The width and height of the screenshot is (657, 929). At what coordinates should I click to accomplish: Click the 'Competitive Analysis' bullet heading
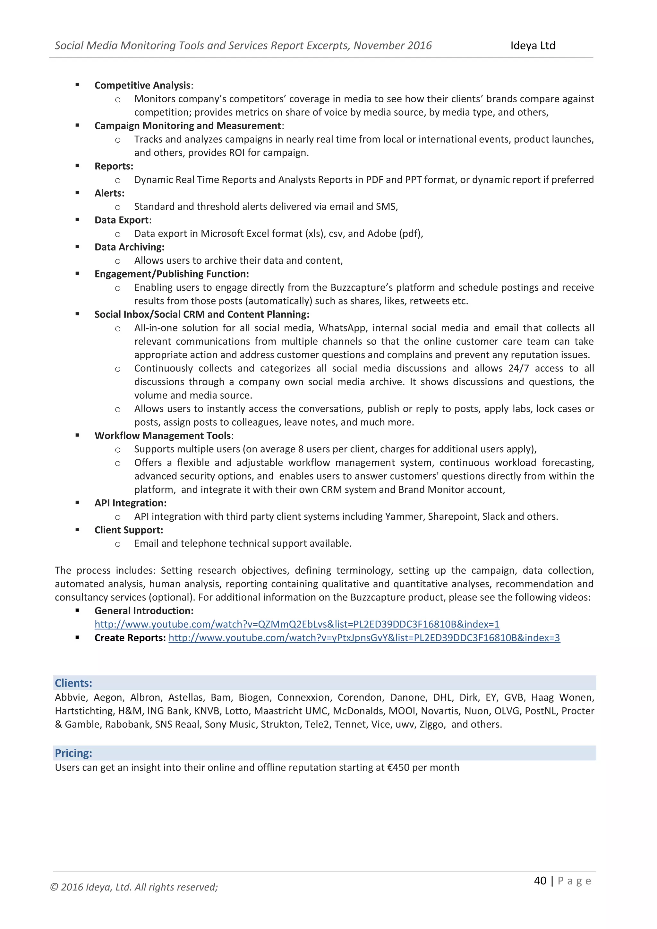(142, 85)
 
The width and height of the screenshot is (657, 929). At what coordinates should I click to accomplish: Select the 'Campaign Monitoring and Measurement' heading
(188, 126)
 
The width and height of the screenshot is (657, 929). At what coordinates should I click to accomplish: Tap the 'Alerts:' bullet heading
(109, 193)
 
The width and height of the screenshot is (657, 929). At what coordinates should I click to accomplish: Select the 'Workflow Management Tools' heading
(163, 435)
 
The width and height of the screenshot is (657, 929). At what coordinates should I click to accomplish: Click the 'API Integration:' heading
(130, 503)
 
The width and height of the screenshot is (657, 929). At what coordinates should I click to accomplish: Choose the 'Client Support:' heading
(129, 530)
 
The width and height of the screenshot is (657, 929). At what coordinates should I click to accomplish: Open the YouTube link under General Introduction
(296, 624)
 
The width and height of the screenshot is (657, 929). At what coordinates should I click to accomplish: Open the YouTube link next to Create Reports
(364, 638)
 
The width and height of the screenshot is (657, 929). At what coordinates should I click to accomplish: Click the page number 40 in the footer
(540, 881)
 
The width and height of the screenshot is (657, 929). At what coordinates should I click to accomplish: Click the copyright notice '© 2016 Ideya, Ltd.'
(133, 887)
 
